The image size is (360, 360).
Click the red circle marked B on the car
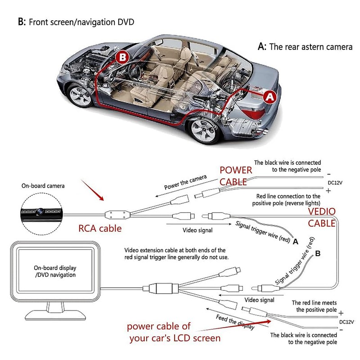click(122, 57)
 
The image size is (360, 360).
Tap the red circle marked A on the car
click(270, 97)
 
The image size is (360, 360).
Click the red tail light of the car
click(253, 113)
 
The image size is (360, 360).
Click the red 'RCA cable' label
click(100, 229)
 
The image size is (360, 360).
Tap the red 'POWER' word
click(236, 170)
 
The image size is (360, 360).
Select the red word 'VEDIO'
click(322, 211)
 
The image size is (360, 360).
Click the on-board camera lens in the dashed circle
click(40, 210)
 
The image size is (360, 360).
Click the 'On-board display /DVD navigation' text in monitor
click(55, 271)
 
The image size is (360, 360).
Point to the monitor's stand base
click(55, 315)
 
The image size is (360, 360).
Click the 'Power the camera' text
click(185, 182)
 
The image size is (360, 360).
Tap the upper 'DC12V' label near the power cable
click(335, 183)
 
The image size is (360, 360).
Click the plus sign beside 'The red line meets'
click(341, 313)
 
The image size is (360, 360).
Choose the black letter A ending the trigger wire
click(296, 242)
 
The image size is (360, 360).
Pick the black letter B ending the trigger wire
click(318, 253)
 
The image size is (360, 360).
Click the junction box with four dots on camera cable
click(117, 215)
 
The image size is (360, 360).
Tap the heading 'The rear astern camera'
click(311, 47)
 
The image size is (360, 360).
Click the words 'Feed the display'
click(235, 322)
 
